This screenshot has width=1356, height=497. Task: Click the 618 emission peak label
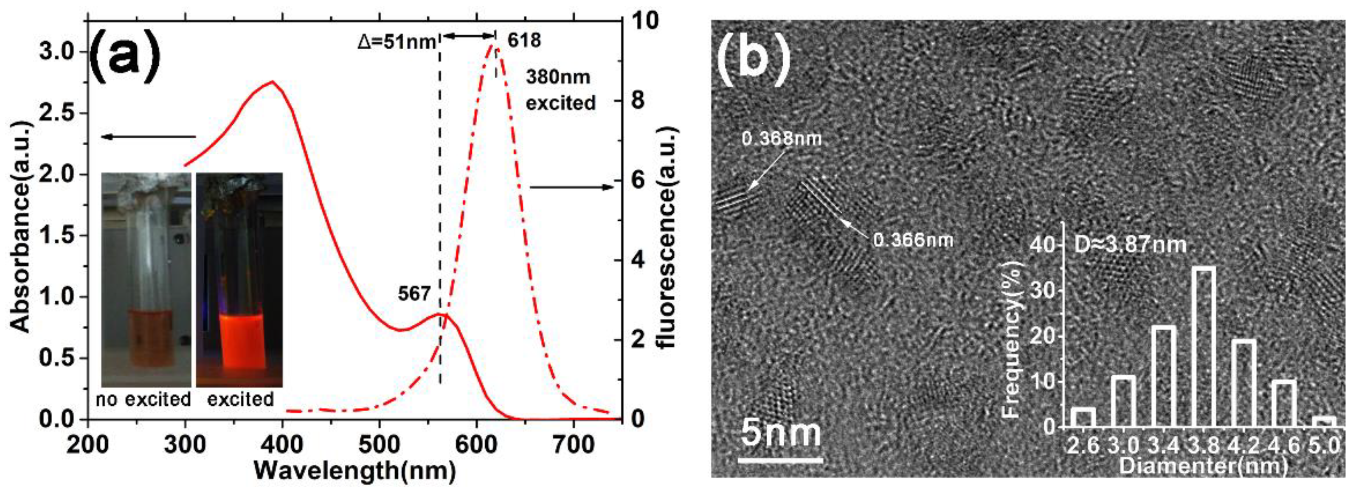(x=524, y=40)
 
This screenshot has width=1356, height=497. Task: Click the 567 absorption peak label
(x=414, y=294)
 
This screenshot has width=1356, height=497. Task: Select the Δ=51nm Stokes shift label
(x=397, y=41)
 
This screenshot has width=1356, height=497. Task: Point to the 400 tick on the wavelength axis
(x=283, y=445)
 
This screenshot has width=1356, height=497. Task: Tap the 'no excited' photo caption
(x=143, y=400)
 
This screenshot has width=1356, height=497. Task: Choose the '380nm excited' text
(x=560, y=90)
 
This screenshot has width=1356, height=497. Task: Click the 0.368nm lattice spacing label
(x=781, y=138)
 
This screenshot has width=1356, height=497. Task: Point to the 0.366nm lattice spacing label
(x=913, y=240)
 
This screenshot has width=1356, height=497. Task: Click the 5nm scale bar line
(x=779, y=460)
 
